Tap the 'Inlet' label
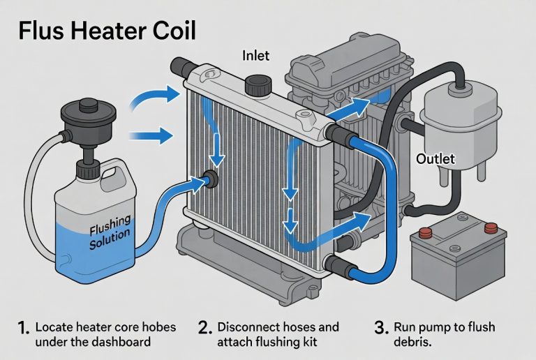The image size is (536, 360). (x=256, y=54)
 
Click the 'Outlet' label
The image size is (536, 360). (x=435, y=159)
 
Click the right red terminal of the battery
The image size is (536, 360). (x=491, y=227)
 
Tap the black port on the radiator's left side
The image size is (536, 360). (x=210, y=180)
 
